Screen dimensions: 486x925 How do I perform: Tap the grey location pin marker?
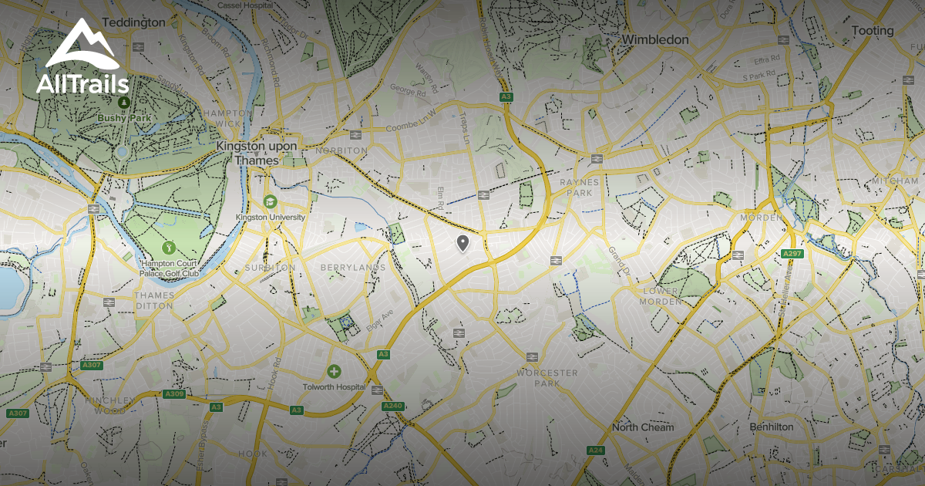pyautogui.click(x=462, y=244)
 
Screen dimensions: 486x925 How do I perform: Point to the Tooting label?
pyautogui.click(x=873, y=31)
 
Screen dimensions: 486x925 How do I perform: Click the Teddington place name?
pyautogui.click(x=133, y=22)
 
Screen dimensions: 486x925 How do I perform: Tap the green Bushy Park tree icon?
pyautogui.click(x=123, y=101)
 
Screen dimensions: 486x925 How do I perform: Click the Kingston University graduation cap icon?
pyautogui.click(x=271, y=201)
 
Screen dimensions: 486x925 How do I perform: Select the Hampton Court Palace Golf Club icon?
pyautogui.click(x=170, y=247)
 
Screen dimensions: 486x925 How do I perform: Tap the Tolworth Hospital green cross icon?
pyautogui.click(x=334, y=372)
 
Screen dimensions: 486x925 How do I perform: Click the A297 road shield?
pyautogui.click(x=792, y=254)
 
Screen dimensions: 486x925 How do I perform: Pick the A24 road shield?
pyautogui.click(x=594, y=450)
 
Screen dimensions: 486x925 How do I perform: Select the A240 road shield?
pyautogui.click(x=392, y=406)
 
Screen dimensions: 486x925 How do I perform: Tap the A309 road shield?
pyautogui.click(x=174, y=393)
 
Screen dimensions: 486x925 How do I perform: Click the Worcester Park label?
pyautogui.click(x=547, y=378)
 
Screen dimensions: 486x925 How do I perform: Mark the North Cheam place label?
pyautogui.click(x=642, y=427)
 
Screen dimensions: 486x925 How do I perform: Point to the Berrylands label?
pyautogui.click(x=352, y=268)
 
